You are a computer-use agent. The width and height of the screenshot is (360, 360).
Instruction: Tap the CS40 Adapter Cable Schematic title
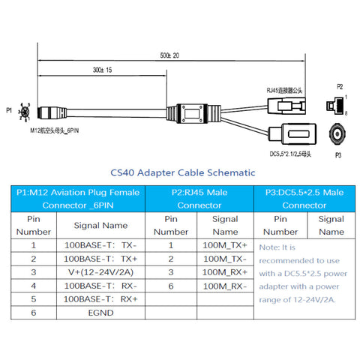[x=183, y=172]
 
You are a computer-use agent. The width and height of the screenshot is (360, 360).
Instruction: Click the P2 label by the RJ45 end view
[x=339, y=86]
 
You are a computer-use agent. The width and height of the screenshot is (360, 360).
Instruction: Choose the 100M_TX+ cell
[x=224, y=244]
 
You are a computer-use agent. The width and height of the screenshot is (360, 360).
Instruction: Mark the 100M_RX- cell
[x=224, y=286]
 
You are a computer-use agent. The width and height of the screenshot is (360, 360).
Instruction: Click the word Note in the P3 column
[x=268, y=246]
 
